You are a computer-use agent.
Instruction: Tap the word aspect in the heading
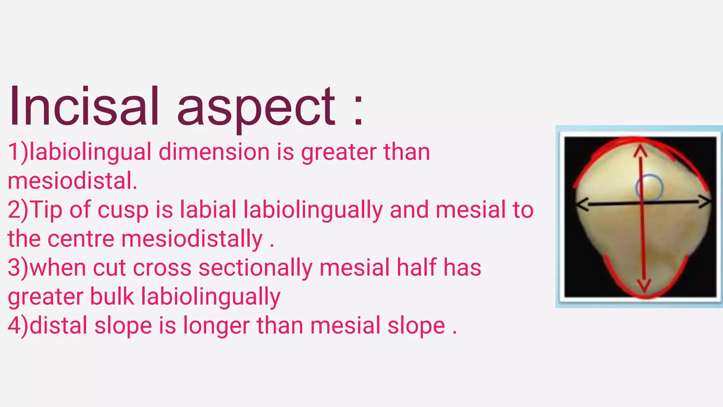[256, 108]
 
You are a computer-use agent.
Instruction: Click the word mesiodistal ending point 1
[72, 181]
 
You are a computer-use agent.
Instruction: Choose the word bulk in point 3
[112, 296]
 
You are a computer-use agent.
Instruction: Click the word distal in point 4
[58, 325]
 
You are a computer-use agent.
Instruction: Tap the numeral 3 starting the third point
[14, 268]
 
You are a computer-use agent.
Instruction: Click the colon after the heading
[358, 108]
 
